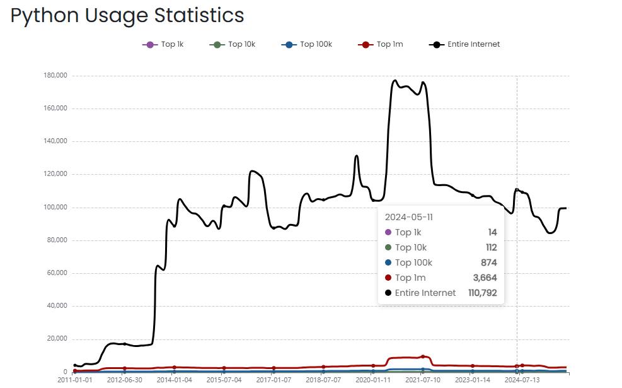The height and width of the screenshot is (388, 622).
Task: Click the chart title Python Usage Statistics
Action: coord(127,15)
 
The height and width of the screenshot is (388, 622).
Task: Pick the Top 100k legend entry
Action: coord(316,44)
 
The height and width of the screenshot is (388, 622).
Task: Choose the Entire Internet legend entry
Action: coord(473,44)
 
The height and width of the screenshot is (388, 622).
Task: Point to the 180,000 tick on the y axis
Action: coord(55,76)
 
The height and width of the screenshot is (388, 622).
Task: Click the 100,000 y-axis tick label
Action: coord(55,208)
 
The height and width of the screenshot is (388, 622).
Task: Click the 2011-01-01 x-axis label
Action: coord(74,380)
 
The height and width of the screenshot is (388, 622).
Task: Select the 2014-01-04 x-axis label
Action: coord(174,380)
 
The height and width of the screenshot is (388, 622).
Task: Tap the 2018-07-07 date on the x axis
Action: coord(323,380)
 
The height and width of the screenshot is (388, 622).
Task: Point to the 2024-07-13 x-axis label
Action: coord(522,380)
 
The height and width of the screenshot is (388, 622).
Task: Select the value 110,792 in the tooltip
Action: coord(482,293)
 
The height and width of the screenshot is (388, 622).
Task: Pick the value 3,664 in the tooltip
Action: coord(486,278)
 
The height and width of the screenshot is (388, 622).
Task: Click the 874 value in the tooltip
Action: coord(489,262)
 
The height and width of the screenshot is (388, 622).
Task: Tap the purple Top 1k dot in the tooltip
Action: coord(388,233)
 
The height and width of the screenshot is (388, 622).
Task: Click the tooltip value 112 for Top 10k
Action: coord(491,247)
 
